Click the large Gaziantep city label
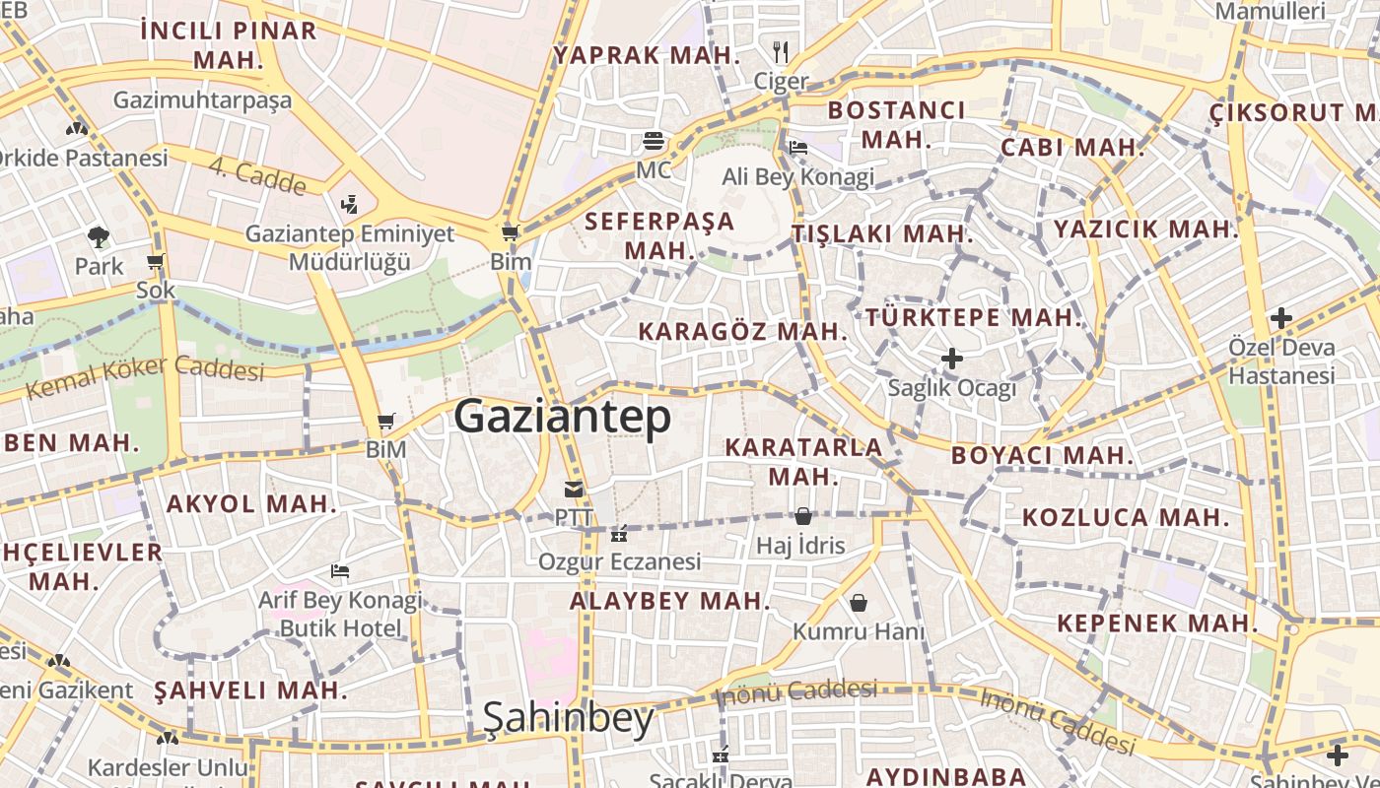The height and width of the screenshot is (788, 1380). (x=562, y=417)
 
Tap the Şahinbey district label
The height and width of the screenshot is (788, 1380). (x=568, y=719)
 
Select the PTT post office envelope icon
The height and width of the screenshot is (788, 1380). (x=574, y=489)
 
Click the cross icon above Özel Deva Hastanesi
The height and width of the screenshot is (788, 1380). (x=1280, y=318)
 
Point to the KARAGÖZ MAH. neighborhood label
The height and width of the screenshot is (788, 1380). (x=742, y=331)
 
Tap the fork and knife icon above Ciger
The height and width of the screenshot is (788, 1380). (x=781, y=51)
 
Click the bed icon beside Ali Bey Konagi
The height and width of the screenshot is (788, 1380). (x=798, y=148)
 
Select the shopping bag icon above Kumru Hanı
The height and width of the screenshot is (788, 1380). (x=859, y=602)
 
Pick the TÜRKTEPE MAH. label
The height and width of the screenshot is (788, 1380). (x=974, y=317)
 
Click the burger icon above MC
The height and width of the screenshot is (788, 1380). (x=653, y=141)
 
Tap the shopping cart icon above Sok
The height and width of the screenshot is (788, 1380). (x=155, y=262)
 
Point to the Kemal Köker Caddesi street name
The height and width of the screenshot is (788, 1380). (x=145, y=375)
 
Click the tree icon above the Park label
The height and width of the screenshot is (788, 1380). (x=99, y=236)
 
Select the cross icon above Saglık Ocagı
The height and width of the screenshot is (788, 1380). (x=951, y=358)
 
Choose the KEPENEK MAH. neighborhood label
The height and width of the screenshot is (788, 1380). (x=1157, y=623)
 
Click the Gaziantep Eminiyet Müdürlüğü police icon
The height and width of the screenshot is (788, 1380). (x=348, y=205)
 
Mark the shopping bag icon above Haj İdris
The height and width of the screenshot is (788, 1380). (x=802, y=516)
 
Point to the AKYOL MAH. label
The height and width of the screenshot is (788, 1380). (x=251, y=504)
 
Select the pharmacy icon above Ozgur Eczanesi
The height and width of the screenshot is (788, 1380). (x=619, y=535)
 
